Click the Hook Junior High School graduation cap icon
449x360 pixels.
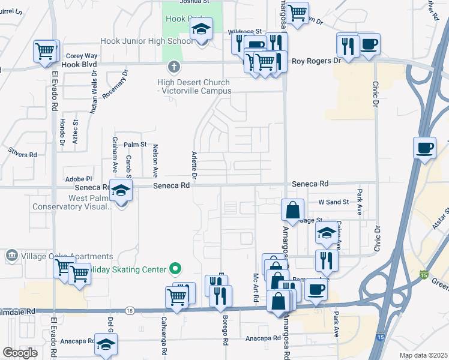[x=202, y=29]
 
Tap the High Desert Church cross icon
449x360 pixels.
[x=174, y=66]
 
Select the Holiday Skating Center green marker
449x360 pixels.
[x=175, y=268]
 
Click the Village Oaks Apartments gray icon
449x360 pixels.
[x=11, y=257]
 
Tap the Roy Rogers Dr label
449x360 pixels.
[x=316, y=61]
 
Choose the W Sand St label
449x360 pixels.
[x=333, y=202]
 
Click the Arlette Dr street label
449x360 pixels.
[x=194, y=165]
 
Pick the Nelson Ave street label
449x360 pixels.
[x=155, y=160]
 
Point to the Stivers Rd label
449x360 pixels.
[x=23, y=154]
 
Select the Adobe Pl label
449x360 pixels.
[x=79, y=179]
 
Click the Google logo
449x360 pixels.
[x=20, y=353]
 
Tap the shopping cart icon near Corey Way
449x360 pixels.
[x=46, y=51]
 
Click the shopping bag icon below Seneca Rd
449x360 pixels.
[x=292, y=210]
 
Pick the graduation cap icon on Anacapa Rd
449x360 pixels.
[x=106, y=344]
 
